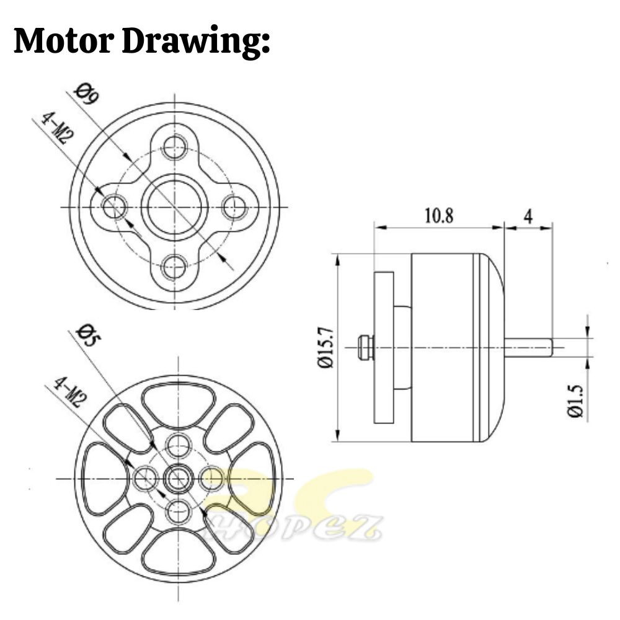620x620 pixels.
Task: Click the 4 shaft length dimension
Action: click(528, 216)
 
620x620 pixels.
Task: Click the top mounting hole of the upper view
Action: click(175, 147)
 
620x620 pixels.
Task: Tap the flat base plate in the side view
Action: click(384, 347)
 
